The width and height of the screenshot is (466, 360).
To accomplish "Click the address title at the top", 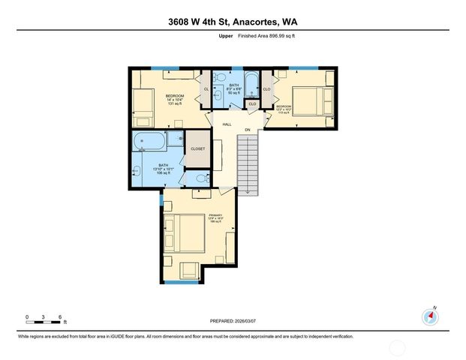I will (x=233, y=22).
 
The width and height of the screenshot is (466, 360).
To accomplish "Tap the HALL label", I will (x=226, y=124).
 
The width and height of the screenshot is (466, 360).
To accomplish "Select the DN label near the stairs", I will (x=248, y=130).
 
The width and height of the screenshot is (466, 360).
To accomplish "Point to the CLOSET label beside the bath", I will (x=197, y=148).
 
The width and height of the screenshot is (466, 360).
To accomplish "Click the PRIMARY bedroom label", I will (x=215, y=216).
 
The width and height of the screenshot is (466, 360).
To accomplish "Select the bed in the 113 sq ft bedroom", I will (x=309, y=99).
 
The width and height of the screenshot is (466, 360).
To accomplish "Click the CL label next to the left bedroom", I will (x=206, y=89).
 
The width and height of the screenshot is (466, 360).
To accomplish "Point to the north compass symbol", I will (x=430, y=317).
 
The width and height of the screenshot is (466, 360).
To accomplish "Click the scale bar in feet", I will (x=44, y=322).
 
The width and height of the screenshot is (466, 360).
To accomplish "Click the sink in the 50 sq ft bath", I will (x=218, y=94).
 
